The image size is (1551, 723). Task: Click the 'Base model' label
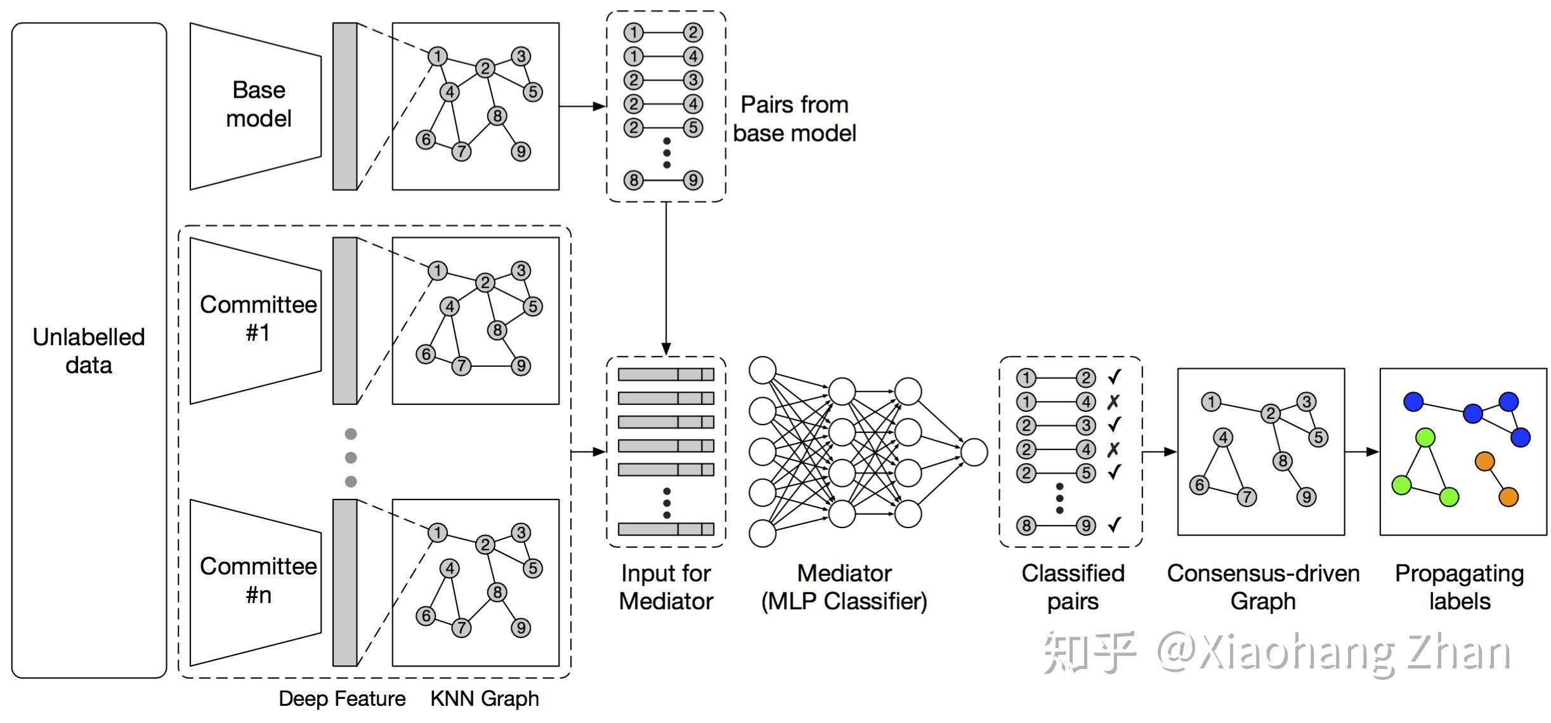click(x=258, y=104)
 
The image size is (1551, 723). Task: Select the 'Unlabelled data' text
click(x=89, y=350)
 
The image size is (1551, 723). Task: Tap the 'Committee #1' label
click(x=258, y=318)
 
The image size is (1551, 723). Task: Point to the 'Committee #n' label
click(x=258, y=580)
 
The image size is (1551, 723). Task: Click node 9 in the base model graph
click(x=521, y=151)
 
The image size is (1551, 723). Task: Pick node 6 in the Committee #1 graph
click(x=426, y=354)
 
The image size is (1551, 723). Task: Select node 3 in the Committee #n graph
click(x=521, y=533)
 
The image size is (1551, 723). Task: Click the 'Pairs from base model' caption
click(x=794, y=119)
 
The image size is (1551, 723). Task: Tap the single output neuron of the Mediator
click(x=974, y=452)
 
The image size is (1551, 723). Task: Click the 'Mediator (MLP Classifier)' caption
click(x=844, y=587)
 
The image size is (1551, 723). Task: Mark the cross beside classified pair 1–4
click(x=1113, y=402)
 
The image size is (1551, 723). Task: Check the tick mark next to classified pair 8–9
click(x=1115, y=524)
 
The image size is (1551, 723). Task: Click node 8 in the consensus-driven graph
click(x=1282, y=461)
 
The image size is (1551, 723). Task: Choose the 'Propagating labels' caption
click(x=1459, y=587)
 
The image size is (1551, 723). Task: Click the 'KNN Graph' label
click(x=485, y=698)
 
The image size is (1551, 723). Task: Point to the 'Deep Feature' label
click(x=342, y=698)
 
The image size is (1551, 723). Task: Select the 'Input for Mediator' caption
click(x=666, y=587)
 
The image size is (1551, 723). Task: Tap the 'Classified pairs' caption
click(x=1073, y=587)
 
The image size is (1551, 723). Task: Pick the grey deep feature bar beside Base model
click(x=345, y=106)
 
